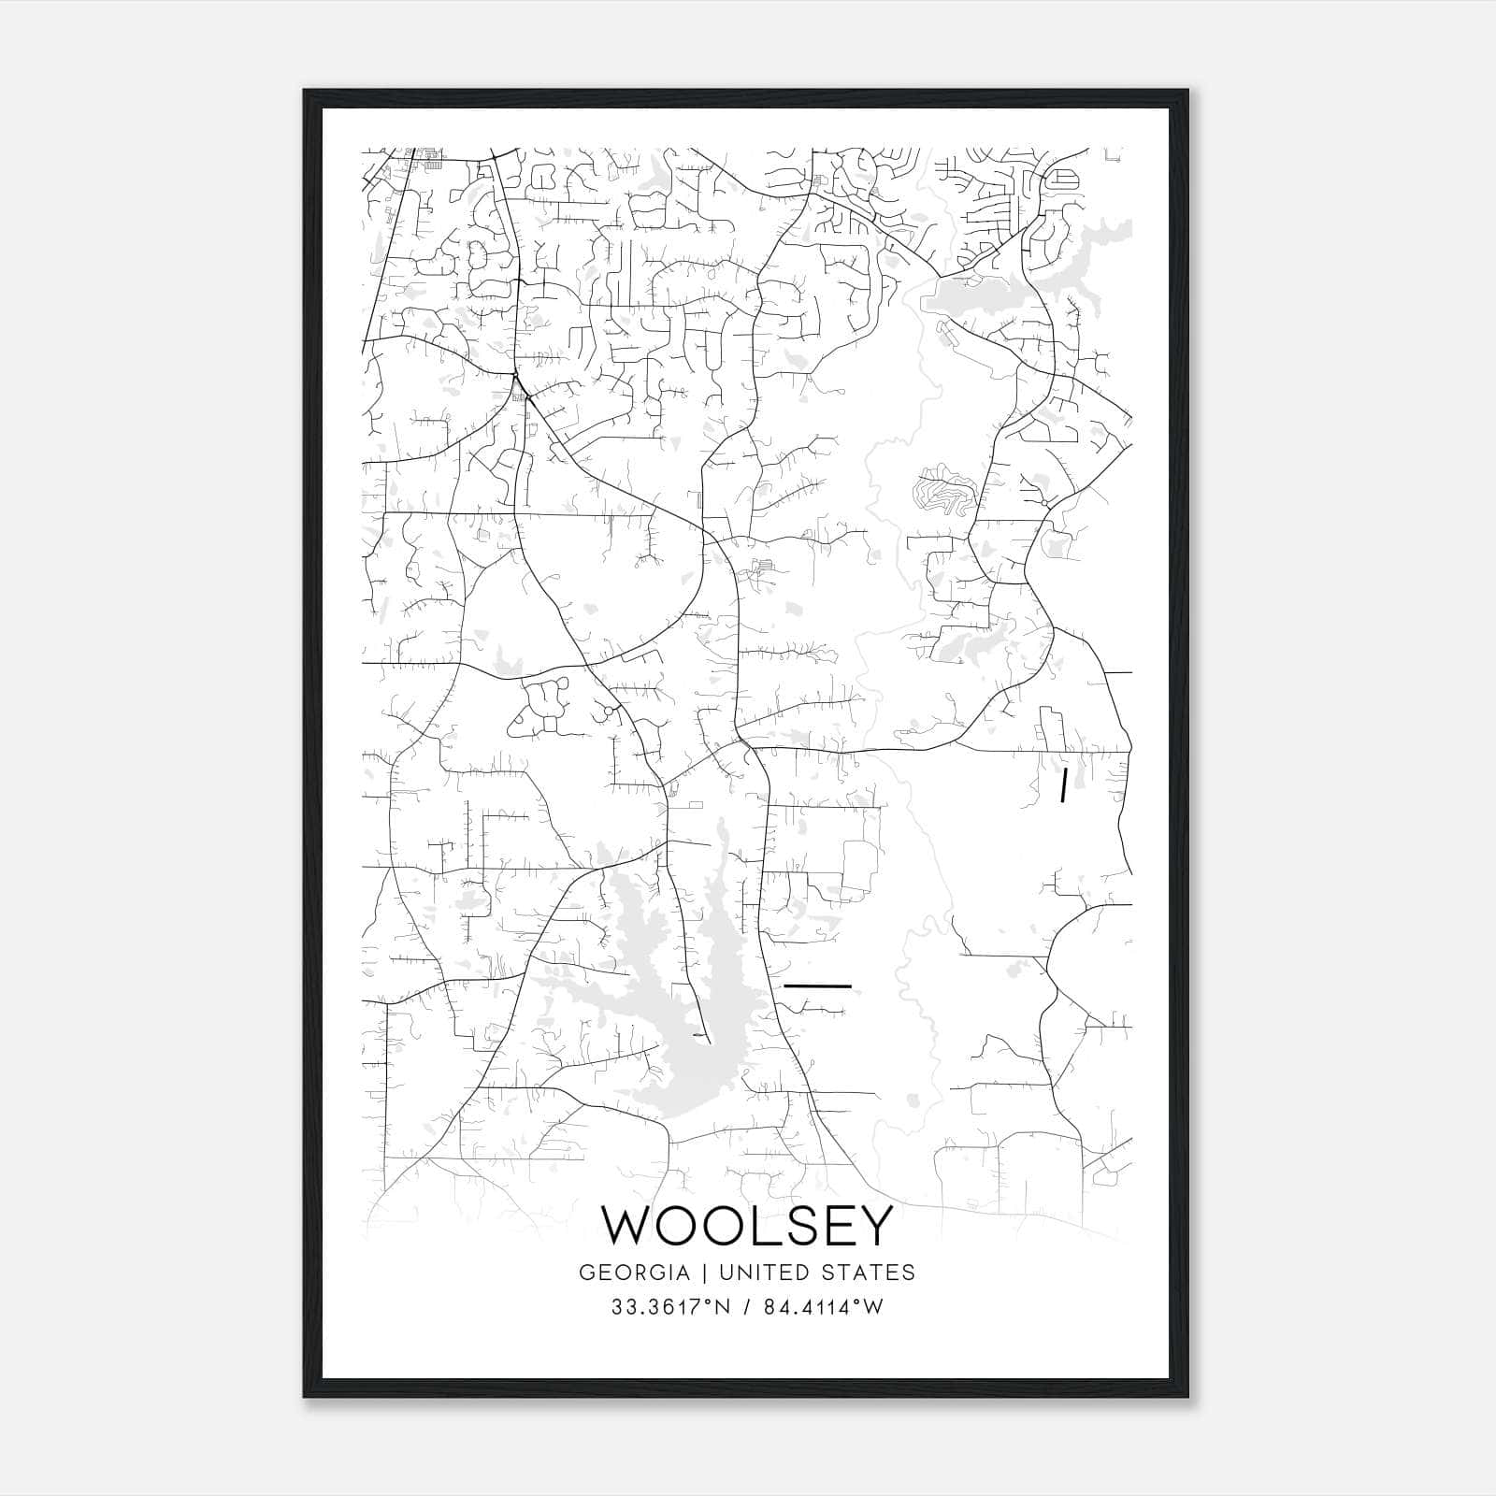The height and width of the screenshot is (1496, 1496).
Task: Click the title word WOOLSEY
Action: coord(746,1226)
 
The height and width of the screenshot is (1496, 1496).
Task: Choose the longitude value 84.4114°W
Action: coord(823,1307)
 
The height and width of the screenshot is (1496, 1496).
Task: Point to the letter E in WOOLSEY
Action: coord(835,1226)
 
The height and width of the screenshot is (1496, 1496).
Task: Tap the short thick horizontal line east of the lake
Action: coord(817,985)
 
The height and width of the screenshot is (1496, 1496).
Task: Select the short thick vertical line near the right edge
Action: coord(1063,785)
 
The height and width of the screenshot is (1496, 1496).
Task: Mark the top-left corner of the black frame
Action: coord(304,91)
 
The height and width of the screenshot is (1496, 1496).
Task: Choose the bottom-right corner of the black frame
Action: coord(1187,1397)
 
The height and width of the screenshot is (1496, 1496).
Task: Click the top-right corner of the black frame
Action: coord(1187,91)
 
